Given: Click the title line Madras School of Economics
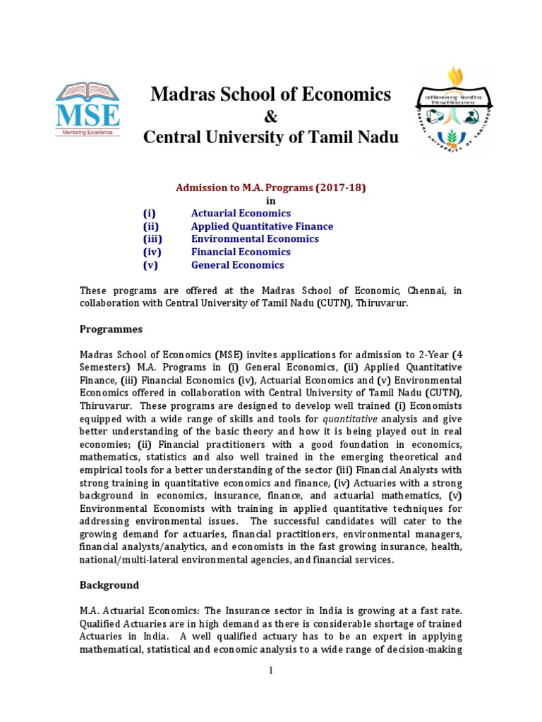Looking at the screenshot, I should (x=271, y=94).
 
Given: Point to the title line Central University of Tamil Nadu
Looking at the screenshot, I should (x=271, y=137).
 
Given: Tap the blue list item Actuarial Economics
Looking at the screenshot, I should (x=241, y=213).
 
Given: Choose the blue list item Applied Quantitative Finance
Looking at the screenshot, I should (x=262, y=226).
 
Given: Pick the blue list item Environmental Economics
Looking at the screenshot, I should (x=255, y=239).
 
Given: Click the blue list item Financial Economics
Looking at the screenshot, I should (x=241, y=252).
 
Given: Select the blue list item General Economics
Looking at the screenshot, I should (x=237, y=265).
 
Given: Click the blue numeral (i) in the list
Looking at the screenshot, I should (x=149, y=213).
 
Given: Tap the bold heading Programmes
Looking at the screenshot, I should (x=111, y=329).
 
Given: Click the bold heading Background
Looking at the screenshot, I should (x=109, y=585).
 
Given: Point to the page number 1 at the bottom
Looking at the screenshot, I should (x=270, y=671).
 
